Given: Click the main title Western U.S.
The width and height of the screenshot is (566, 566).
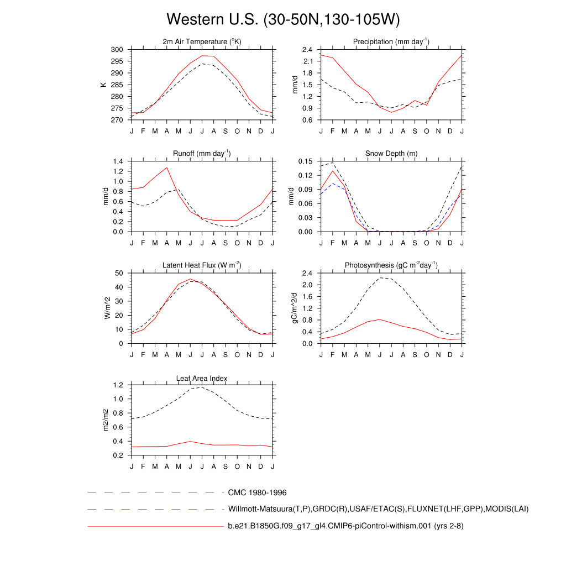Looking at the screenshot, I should click(x=282, y=20).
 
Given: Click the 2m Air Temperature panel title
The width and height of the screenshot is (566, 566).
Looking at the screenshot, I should click(x=202, y=42).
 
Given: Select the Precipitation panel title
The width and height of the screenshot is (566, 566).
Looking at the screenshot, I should click(x=391, y=42).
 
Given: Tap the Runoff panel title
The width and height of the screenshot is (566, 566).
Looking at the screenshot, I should click(x=202, y=153).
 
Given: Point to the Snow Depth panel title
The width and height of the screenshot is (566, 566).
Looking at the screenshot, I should click(x=391, y=153).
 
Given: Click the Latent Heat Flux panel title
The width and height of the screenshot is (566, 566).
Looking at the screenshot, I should click(x=202, y=265).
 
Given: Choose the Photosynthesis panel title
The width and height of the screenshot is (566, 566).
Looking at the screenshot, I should click(x=391, y=265).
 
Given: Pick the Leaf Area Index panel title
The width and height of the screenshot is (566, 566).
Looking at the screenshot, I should click(x=202, y=378).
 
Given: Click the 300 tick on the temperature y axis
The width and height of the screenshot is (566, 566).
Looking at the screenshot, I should click(x=117, y=50).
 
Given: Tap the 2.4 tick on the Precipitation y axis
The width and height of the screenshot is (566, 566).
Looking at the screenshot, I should click(x=307, y=50).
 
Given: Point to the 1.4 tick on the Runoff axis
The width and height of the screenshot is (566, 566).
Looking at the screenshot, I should click(x=118, y=161).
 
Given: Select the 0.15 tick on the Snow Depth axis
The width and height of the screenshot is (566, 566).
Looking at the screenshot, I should click(x=305, y=161).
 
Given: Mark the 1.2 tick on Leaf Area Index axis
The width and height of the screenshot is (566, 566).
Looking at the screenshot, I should click(x=118, y=385).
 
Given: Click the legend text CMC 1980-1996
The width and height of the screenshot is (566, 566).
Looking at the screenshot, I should click(x=257, y=492).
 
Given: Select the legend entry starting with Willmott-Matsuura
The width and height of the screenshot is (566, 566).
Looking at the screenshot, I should click(x=378, y=509).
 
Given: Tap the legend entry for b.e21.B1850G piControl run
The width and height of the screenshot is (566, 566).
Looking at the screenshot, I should click(x=345, y=526).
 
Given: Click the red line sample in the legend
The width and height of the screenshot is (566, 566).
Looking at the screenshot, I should click(x=155, y=526).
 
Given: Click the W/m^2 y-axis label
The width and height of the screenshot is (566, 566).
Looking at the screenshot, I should click(x=108, y=308).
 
